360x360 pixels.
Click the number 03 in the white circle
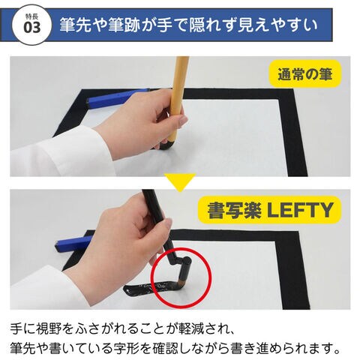coord(32,28)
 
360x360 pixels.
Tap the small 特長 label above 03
coord(31,16)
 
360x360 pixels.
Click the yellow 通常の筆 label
coord(305,73)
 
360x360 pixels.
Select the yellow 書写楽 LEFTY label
coord(270,210)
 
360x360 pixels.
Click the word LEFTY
coord(300,210)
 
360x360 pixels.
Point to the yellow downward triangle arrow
coord(180,182)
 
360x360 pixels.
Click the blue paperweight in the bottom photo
coord(73,244)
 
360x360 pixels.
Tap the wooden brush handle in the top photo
coord(178,99)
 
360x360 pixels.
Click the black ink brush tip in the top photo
coord(166,146)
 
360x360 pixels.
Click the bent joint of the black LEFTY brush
coord(187,261)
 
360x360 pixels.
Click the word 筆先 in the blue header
coord(75,25)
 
